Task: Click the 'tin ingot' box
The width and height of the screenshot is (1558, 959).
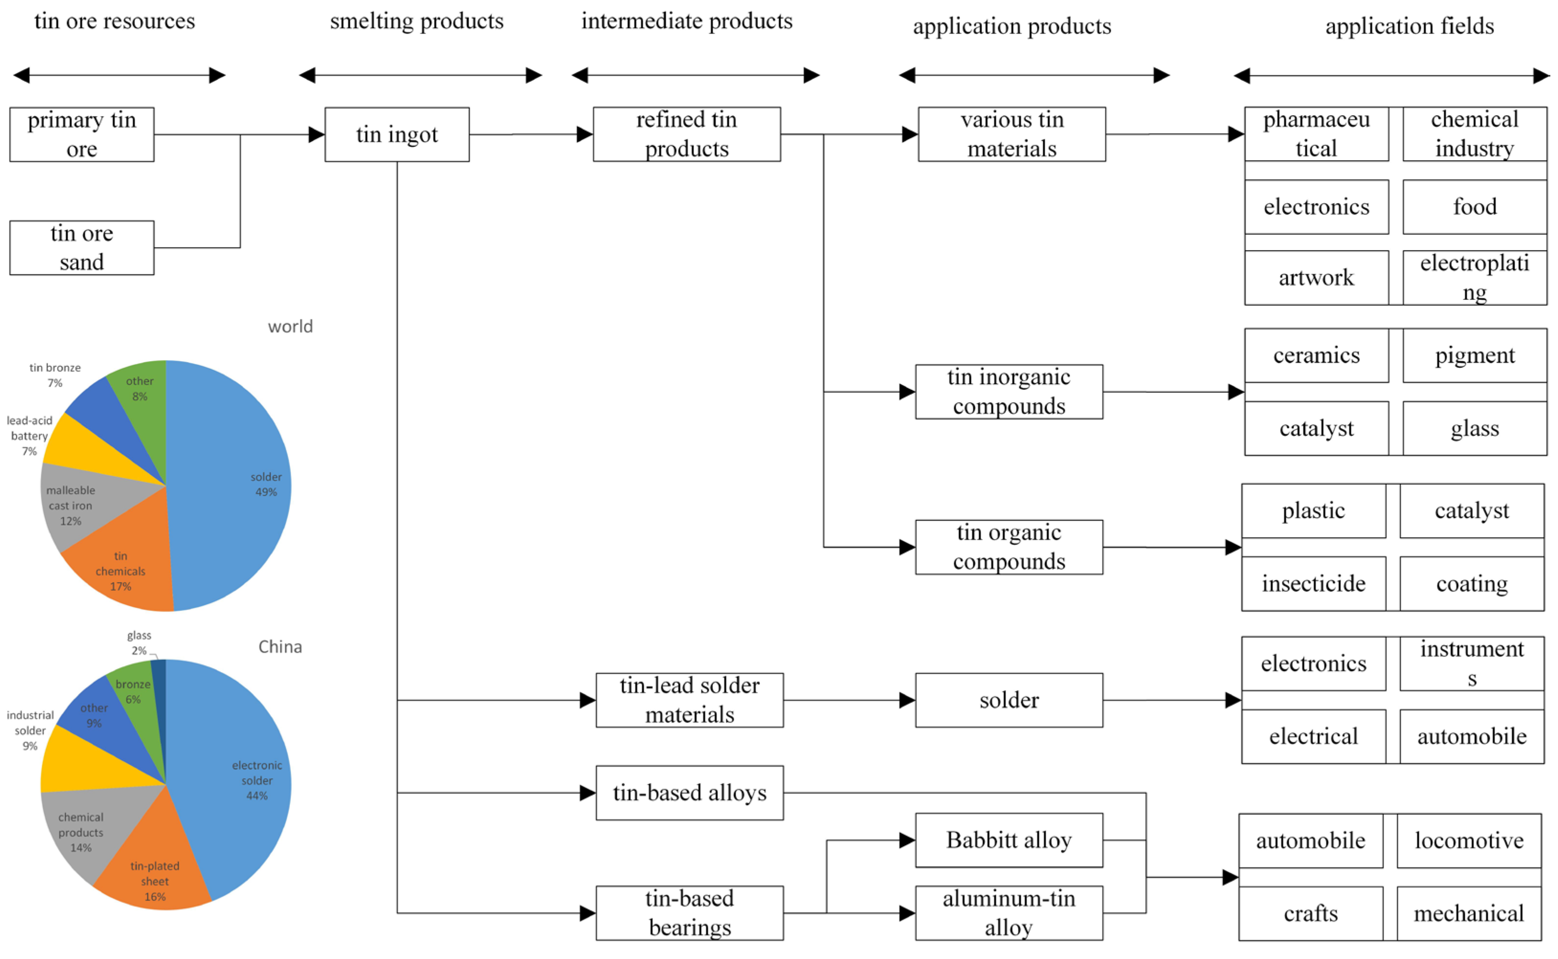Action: pos(397,134)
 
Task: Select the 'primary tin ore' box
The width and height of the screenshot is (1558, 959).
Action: pos(82,134)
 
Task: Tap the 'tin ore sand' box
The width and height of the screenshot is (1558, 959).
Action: pos(82,248)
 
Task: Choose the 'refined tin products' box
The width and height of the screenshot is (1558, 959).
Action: pos(687,134)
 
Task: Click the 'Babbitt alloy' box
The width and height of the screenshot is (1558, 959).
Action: pos(1009,840)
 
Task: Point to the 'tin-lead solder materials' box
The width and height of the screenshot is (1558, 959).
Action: pos(690,700)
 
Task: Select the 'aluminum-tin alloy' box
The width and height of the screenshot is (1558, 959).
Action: pos(1009,914)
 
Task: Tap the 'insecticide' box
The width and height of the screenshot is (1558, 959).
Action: pos(1314,584)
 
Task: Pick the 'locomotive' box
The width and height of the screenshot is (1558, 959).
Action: pos(1469,841)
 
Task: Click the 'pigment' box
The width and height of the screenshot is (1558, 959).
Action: pos(1475,356)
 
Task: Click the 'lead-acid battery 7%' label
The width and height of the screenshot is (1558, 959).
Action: pos(29,436)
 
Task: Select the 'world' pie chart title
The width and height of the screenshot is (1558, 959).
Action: pos(290,327)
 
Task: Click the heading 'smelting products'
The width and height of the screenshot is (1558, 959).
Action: pos(417,22)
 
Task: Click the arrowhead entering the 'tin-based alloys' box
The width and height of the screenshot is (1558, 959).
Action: pos(588,794)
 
